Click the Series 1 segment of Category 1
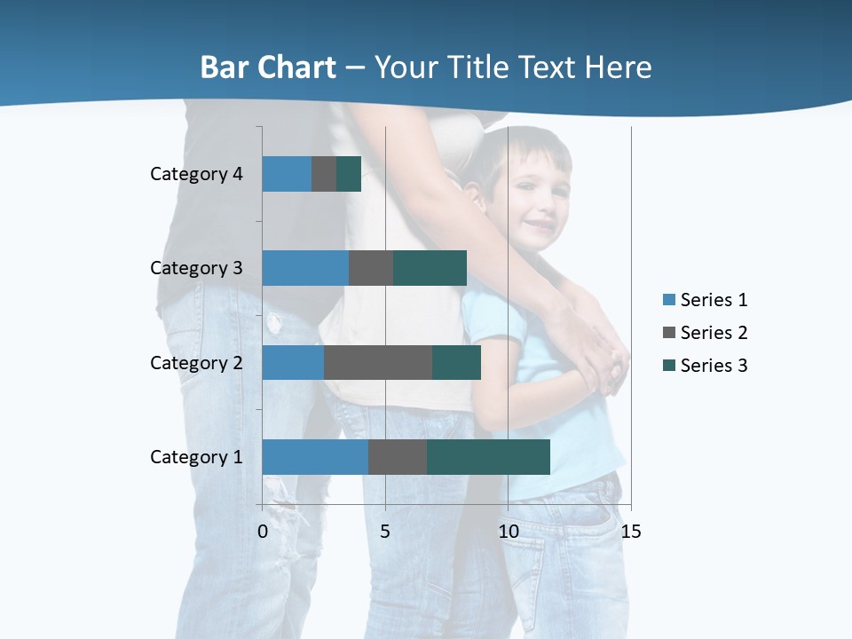[x=315, y=457]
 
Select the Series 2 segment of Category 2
[x=378, y=362]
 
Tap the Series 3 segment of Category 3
[x=430, y=268]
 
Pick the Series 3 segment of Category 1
[x=488, y=457]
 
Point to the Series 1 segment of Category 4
[x=287, y=174]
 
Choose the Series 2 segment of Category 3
[x=371, y=268]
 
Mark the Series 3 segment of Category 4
[x=349, y=174]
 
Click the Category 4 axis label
[x=196, y=174]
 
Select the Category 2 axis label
[x=196, y=362]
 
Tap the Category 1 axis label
[x=196, y=457]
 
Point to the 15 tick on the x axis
[x=631, y=532]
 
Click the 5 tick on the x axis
[x=385, y=532]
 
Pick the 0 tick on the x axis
[x=263, y=532]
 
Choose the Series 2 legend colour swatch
[x=668, y=333]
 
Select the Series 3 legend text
[x=714, y=366]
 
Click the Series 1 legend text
[x=714, y=300]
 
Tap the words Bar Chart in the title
[x=268, y=67]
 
